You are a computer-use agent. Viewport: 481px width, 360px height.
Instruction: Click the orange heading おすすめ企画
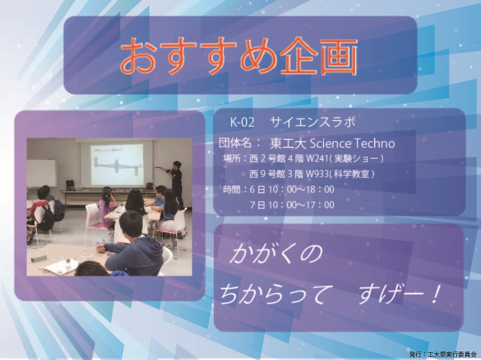(x=239, y=56)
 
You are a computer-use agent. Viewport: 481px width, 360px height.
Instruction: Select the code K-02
(x=242, y=122)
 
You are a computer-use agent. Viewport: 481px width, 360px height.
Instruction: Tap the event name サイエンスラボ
(x=312, y=122)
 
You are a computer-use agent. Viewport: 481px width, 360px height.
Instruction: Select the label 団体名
(x=235, y=143)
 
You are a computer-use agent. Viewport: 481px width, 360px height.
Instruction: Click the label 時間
(x=232, y=189)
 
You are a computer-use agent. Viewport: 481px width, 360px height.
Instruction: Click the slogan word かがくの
(x=276, y=254)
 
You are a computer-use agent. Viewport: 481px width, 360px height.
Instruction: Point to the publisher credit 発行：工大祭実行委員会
(x=443, y=354)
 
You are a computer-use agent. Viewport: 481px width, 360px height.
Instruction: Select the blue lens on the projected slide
(x=116, y=166)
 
